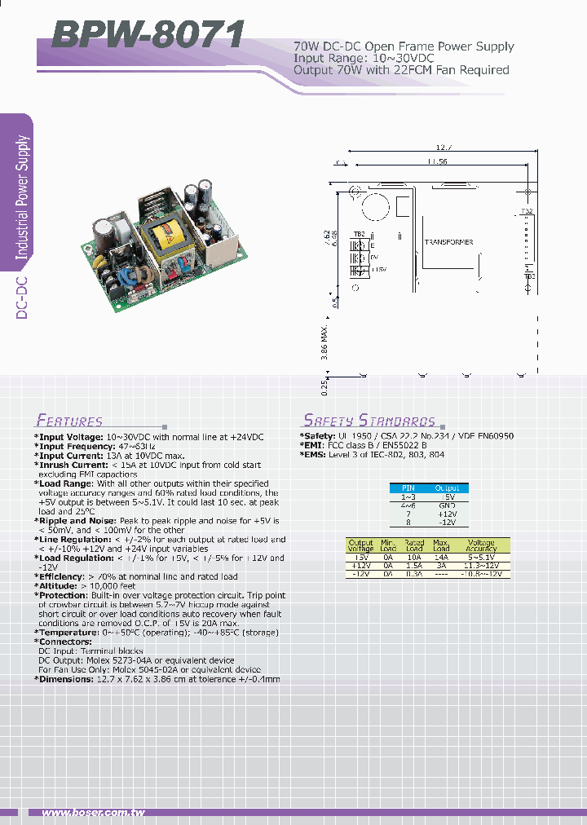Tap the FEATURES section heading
click(69, 421)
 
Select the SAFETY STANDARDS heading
click(369, 421)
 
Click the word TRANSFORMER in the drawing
click(448, 242)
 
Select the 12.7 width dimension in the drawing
click(444, 148)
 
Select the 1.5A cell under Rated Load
click(414, 565)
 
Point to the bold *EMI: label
click(313, 445)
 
